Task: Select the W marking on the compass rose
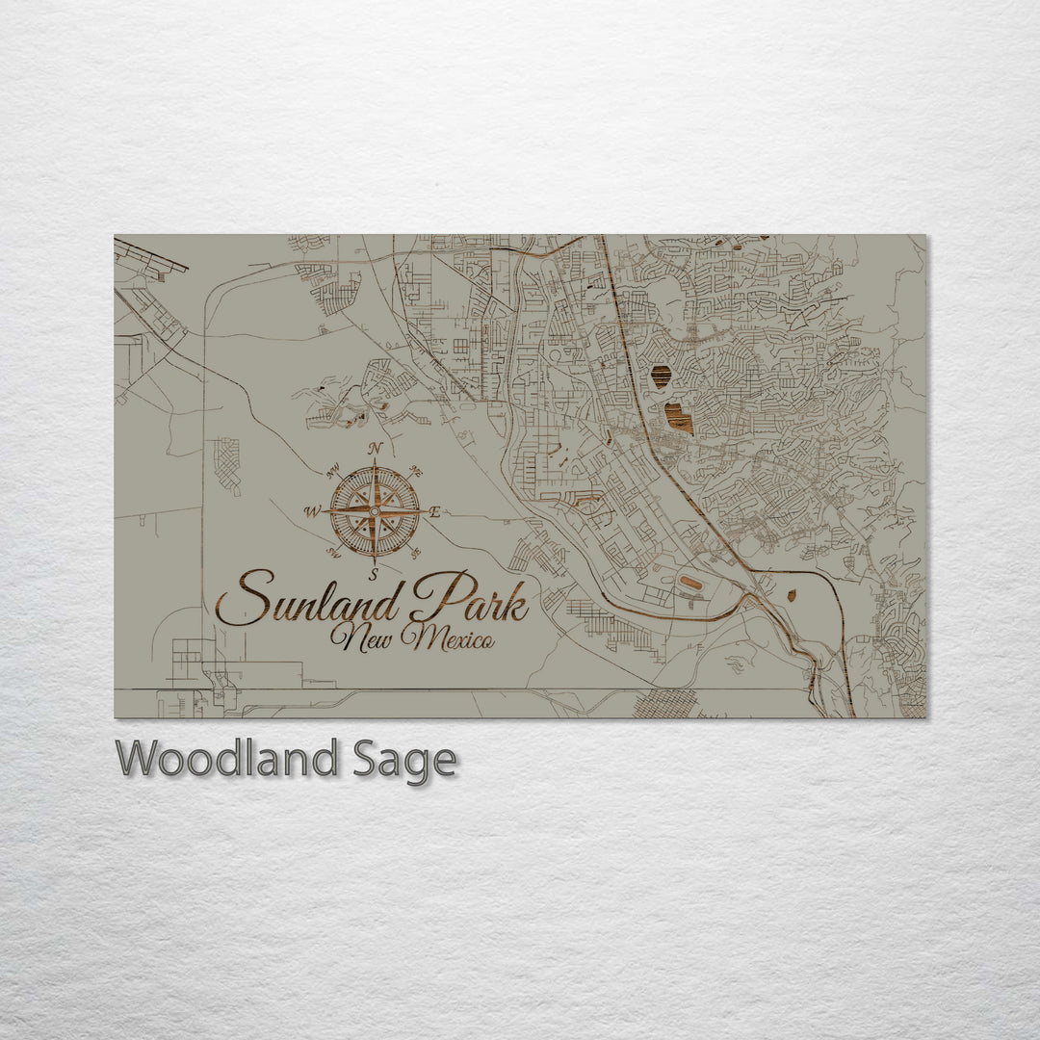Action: [x=312, y=511]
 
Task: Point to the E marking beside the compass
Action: [x=434, y=512]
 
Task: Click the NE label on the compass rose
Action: [x=417, y=471]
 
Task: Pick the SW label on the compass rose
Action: [x=334, y=552]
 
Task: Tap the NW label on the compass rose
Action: [x=334, y=471]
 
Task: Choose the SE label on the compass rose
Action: [x=416, y=553]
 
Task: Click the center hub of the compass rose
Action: [x=375, y=510]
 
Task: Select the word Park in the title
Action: [x=469, y=599]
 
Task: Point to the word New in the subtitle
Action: [x=360, y=637]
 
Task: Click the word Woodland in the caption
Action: [x=226, y=760]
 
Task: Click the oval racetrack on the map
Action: [x=690, y=584]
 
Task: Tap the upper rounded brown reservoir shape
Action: [x=661, y=377]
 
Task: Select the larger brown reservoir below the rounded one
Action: [x=679, y=418]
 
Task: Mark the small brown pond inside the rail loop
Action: [x=792, y=595]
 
